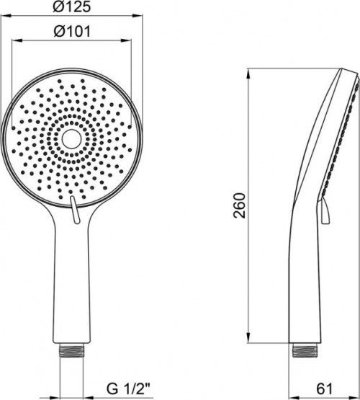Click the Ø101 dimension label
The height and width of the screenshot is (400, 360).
[72, 32]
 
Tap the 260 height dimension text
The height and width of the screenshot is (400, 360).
[240, 209]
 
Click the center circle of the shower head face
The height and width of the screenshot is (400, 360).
[72, 139]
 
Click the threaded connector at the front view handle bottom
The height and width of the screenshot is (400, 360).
[72, 351]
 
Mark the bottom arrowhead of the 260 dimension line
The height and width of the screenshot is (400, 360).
[248, 342]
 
